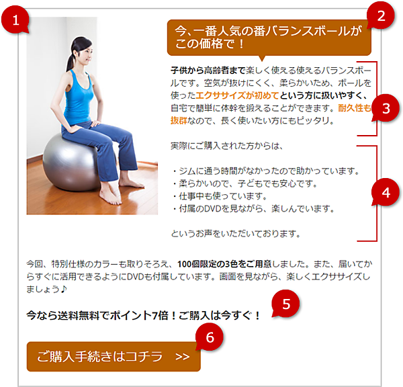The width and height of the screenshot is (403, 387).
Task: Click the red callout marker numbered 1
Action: [15, 20]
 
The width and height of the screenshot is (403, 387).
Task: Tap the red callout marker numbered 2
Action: [381, 15]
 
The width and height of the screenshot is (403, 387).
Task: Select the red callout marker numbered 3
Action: [386, 108]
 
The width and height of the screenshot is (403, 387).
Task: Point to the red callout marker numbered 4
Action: [386, 192]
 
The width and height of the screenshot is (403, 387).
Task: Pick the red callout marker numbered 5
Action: [286, 304]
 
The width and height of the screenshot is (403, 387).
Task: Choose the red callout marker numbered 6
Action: [210, 337]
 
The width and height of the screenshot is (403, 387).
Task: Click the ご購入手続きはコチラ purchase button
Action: [114, 357]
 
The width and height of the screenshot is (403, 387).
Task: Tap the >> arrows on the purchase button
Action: [183, 357]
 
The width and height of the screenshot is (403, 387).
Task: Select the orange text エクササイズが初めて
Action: [237, 95]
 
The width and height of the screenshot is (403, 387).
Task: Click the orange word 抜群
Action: [179, 120]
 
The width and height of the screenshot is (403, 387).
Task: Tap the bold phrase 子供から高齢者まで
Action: [208, 70]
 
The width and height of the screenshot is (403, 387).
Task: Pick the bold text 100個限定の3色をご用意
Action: [224, 264]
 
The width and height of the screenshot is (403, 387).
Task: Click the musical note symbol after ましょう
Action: [64, 289]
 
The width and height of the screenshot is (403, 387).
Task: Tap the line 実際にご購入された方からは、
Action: [227, 146]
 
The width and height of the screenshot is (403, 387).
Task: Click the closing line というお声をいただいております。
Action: [236, 234]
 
